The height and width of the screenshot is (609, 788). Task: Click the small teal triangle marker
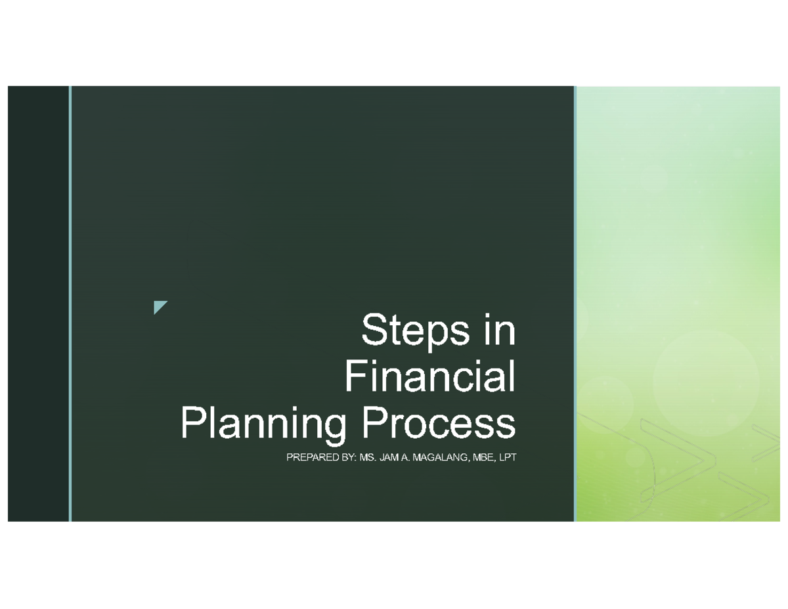coord(159,306)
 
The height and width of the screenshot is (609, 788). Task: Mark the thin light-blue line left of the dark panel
coord(70,302)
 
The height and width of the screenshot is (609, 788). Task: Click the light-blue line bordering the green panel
coord(575,302)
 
